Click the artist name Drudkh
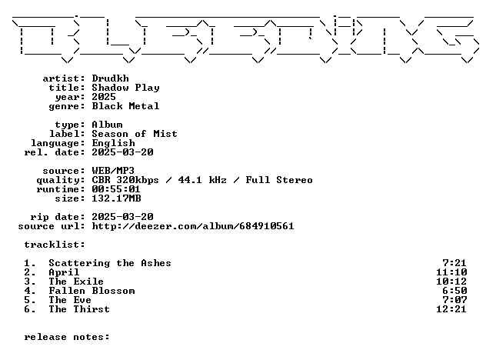coord(110,78)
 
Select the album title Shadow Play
coord(126,88)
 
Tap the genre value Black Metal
coord(126,106)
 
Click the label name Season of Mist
coord(135,134)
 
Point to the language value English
coord(114,143)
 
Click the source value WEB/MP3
coord(113,171)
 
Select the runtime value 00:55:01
coord(116,189)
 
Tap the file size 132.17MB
coord(117,198)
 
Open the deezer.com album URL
coord(193,226)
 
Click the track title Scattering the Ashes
coord(110,263)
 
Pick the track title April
coord(64,272)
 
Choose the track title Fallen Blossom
coord(92,291)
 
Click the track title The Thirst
coord(79,309)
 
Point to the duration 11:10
coord(451,272)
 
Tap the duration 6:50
coord(454,291)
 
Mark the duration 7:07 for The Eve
coord(454,300)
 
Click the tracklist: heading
coord(55,245)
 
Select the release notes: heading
coord(67,337)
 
